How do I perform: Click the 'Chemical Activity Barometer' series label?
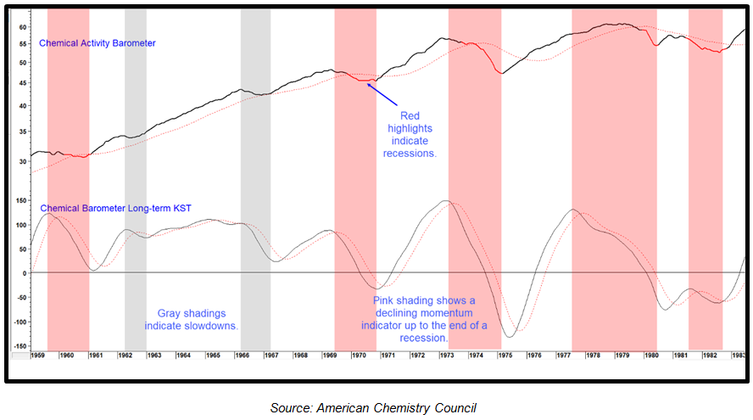(x=97, y=42)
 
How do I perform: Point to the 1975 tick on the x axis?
(x=505, y=355)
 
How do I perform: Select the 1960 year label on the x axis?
(x=68, y=355)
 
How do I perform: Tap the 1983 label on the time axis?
(x=739, y=355)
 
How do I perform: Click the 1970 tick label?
(x=359, y=355)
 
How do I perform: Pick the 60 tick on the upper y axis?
(x=23, y=26)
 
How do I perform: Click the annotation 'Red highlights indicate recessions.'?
(x=409, y=134)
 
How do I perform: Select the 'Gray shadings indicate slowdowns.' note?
(x=191, y=319)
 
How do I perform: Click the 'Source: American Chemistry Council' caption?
(x=378, y=408)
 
